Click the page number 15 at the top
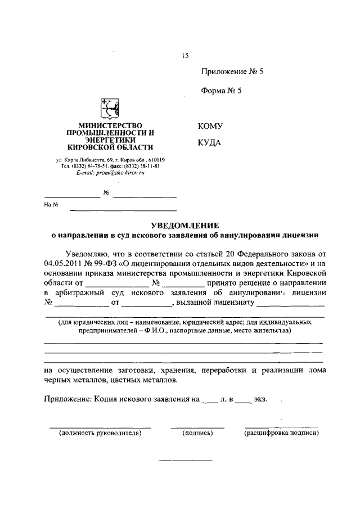186,55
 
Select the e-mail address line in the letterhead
110,174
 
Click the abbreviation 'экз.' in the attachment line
260,400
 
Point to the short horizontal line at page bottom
186,461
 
